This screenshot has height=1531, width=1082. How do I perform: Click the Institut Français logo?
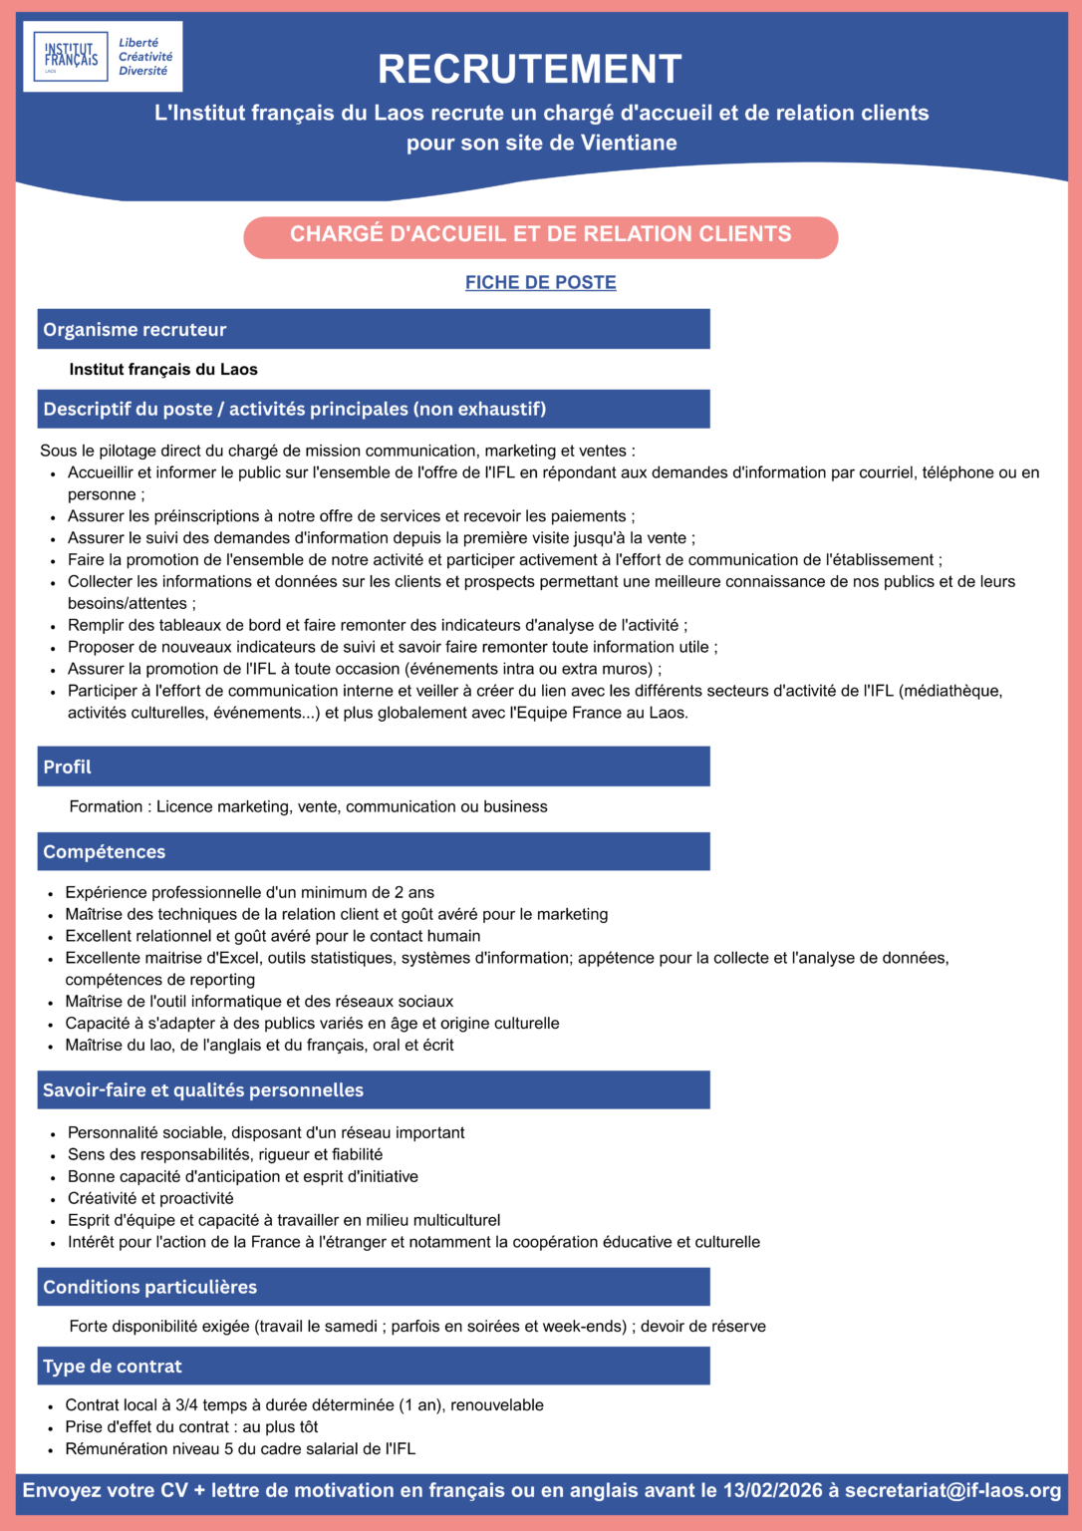click(103, 57)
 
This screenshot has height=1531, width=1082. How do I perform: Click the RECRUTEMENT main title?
click(529, 70)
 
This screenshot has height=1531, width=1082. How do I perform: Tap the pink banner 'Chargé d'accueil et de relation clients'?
click(540, 235)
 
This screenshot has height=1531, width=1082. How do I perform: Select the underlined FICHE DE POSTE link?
click(540, 283)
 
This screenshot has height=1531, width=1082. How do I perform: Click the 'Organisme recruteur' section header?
click(135, 330)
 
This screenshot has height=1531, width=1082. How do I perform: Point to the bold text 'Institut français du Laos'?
click(163, 370)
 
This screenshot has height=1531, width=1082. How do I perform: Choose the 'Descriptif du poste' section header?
click(294, 410)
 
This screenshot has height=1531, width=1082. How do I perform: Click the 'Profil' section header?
click(67, 767)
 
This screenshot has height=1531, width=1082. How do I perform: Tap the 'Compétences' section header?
click(104, 852)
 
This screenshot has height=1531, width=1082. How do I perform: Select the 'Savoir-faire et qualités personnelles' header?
click(202, 1090)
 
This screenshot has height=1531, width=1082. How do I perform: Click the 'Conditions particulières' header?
click(149, 1288)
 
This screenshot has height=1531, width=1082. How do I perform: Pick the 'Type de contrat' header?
click(113, 1367)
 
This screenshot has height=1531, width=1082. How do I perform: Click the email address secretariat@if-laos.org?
click(952, 1491)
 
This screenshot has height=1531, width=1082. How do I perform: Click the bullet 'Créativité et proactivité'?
click(150, 1199)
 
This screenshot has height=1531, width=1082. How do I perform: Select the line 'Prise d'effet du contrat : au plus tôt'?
click(191, 1427)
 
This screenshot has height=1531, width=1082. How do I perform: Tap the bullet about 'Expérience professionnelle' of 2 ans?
click(249, 893)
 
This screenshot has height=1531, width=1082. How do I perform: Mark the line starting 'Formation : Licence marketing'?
click(308, 807)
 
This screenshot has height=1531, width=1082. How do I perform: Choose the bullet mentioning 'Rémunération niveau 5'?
click(240, 1449)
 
